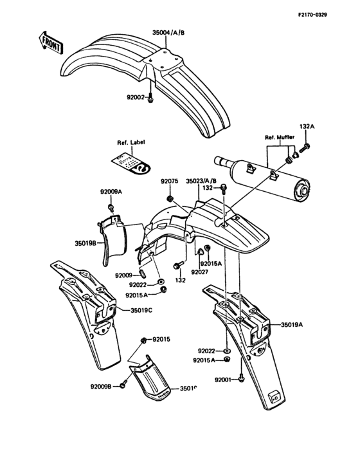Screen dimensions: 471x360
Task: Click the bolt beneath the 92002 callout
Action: click(x=151, y=100)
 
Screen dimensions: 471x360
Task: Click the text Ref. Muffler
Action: click(x=278, y=138)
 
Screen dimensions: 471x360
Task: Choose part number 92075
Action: click(x=169, y=181)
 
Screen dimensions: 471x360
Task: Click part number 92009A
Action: click(x=111, y=192)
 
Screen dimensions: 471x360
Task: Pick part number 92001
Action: click(x=225, y=380)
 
